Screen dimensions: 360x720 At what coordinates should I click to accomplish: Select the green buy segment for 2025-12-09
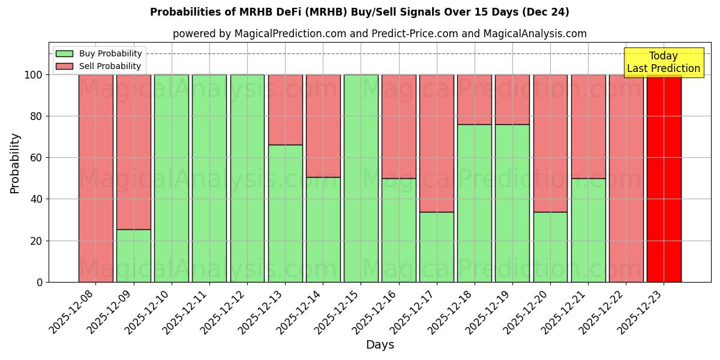(x=133, y=256)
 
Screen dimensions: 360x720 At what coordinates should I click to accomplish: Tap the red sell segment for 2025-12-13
(x=285, y=109)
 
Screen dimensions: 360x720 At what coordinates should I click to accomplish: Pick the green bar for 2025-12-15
(x=361, y=178)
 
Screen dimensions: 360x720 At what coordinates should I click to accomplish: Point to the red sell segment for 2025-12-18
(x=475, y=99)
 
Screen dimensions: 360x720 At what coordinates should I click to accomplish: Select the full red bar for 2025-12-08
(x=95, y=178)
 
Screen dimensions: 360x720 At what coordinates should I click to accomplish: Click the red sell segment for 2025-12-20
(x=550, y=143)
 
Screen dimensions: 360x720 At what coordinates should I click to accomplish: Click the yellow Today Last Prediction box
(x=663, y=62)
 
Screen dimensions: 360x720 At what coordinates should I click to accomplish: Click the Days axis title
(x=380, y=345)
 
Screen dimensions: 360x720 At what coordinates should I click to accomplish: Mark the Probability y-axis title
(x=15, y=163)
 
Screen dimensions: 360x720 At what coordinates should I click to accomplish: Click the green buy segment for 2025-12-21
(x=588, y=230)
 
